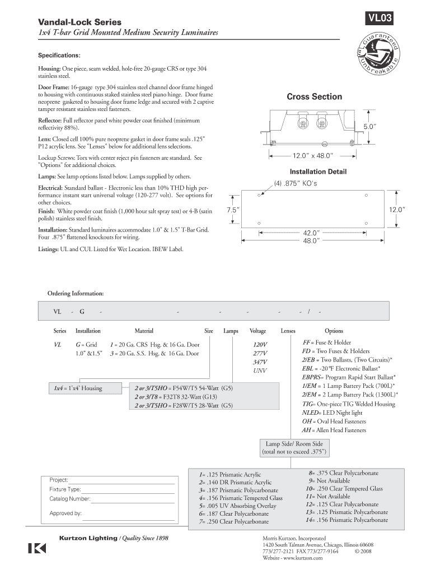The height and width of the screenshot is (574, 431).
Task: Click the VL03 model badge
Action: point(379,19)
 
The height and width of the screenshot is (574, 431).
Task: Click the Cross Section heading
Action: point(314,97)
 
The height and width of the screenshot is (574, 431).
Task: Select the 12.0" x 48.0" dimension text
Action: point(313,155)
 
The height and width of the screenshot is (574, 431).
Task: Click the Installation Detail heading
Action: point(318,172)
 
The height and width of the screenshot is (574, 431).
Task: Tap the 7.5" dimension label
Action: point(233,210)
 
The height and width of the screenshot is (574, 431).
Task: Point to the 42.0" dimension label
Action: point(311,233)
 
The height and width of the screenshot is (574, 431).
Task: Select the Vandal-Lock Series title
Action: point(79,22)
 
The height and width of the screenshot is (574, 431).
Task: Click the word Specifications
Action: point(59,55)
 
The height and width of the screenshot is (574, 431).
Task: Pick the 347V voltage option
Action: point(260,362)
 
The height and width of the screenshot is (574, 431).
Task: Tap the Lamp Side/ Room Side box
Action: point(294,447)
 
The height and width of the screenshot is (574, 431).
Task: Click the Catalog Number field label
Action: point(70,498)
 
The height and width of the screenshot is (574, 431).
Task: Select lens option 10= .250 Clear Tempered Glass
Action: point(340,489)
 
